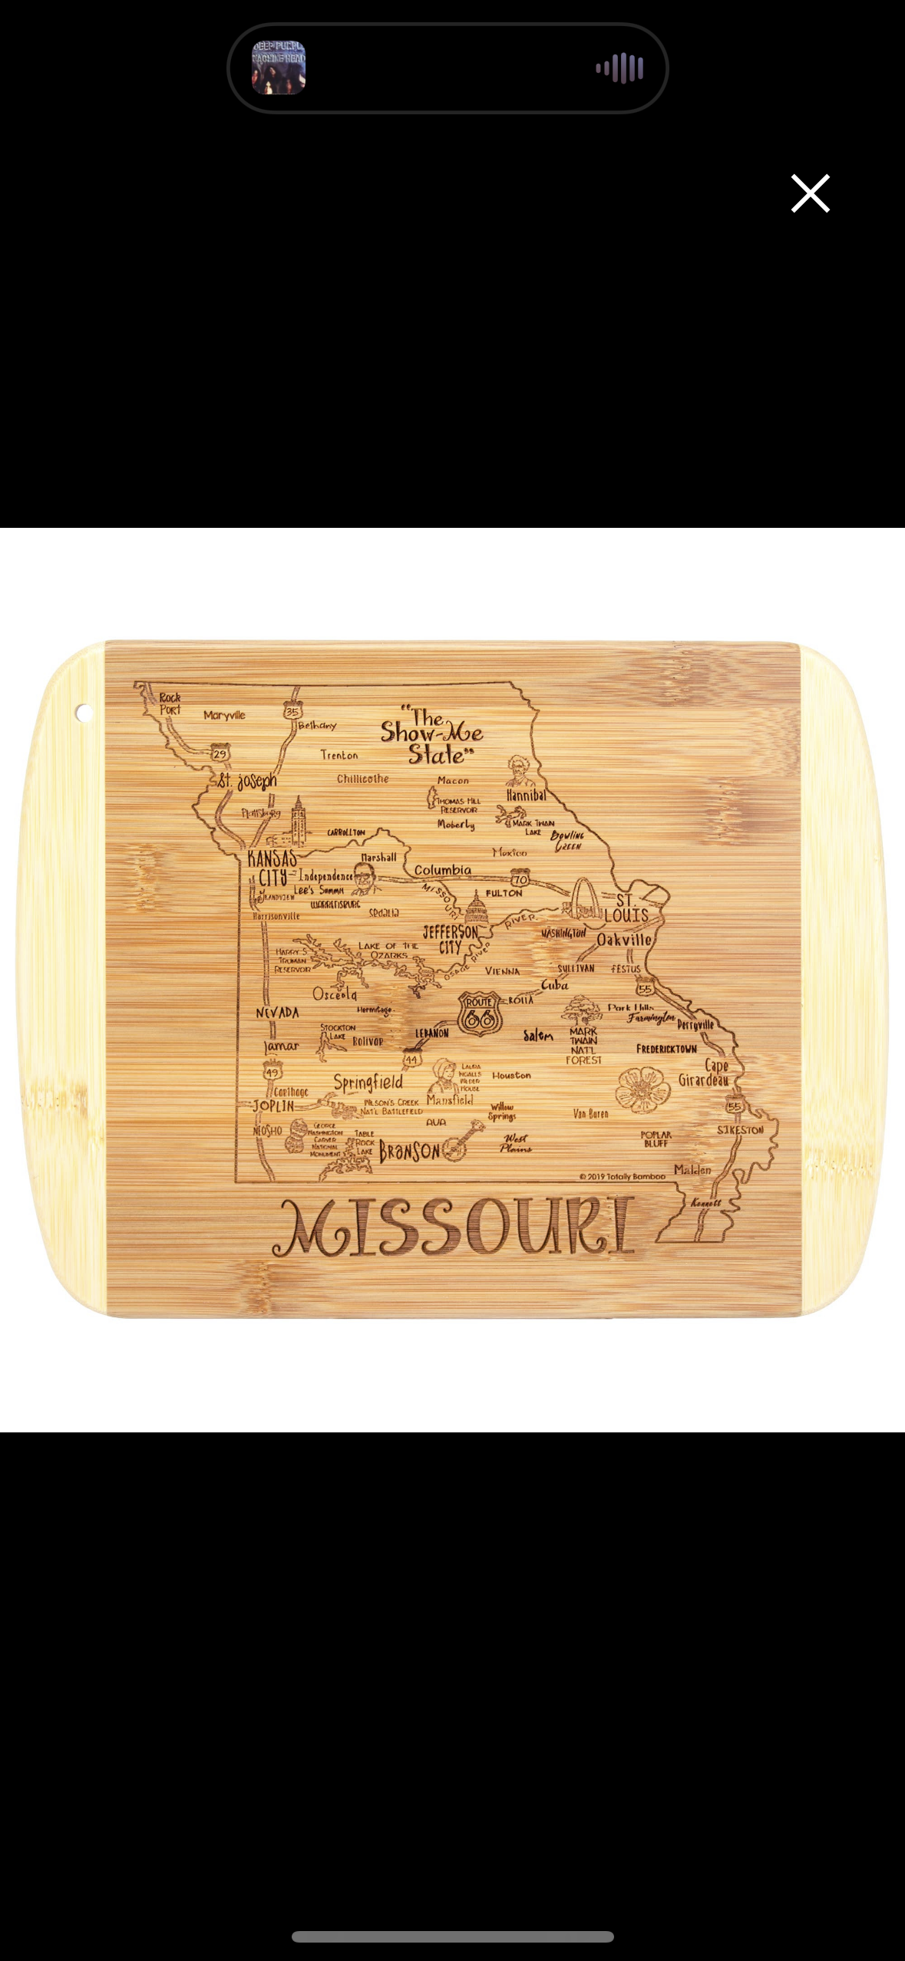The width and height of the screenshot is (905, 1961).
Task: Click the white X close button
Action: click(x=810, y=193)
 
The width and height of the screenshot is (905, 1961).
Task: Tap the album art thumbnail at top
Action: click(x=279, y=68)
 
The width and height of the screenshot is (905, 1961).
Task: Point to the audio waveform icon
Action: click(x=619, y=68)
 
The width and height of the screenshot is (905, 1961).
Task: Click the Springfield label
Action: click(x=368, y=1082)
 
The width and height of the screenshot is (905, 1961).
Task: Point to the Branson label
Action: click(x=410, y=1151)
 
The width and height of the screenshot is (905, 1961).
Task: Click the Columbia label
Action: click(x=443, y=870)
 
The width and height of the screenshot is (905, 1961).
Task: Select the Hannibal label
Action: click(x=527, y=796)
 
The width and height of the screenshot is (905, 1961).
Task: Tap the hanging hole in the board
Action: click(x=84, y=714)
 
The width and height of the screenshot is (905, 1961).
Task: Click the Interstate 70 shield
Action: click(x=520, y=879)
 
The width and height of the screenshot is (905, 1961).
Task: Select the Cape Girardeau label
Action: click(x=705, y=1073)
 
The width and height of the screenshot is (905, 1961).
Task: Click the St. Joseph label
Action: click(x=246, y=781)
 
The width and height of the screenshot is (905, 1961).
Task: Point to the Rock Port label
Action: click(x=170, y=704)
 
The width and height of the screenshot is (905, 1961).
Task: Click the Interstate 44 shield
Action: click(x=412, y=1060)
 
